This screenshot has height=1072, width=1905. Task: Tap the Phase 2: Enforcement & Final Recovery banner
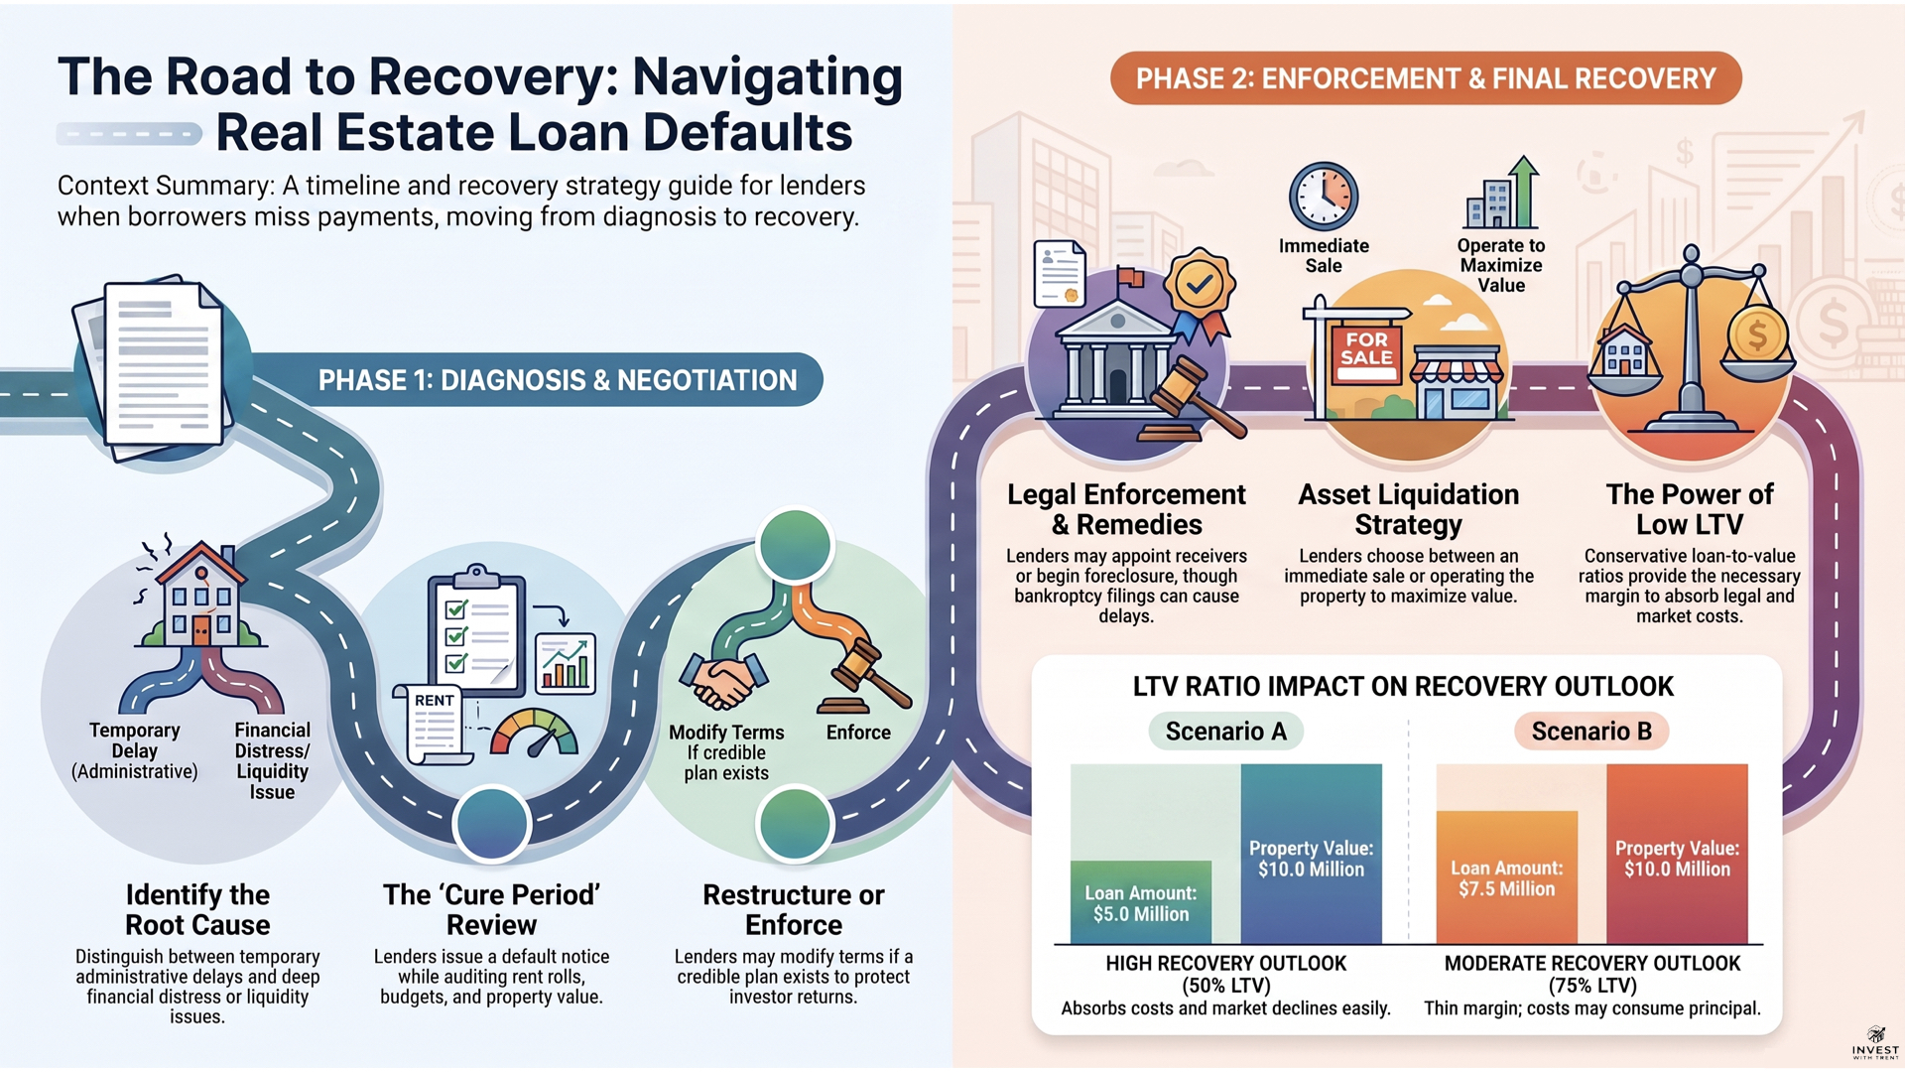coord(1426,78)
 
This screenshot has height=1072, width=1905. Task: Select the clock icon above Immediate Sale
coord(1324,197)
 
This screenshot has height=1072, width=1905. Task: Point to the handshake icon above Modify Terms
coord(723,680)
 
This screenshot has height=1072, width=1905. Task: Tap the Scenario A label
coord(1225,732)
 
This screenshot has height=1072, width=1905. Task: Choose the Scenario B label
coord(1591,732)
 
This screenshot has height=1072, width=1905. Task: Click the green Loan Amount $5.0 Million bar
coord(1141,901)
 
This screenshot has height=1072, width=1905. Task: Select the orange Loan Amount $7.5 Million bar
coord(1506,877)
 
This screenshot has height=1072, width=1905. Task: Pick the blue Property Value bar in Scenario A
coord(1311,854)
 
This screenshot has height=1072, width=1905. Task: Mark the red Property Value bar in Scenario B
coord(1677,854)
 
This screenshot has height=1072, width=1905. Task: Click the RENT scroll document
coord(434,724)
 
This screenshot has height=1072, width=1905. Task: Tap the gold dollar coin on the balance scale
coord(1757,335)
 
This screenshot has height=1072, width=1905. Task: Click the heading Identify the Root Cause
coord(197,909)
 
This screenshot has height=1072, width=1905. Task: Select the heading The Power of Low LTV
coord(1690,509)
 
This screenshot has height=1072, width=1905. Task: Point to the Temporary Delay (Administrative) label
coord(134,751)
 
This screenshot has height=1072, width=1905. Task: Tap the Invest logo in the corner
coord(1875,1043)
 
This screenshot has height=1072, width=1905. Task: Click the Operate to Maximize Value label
coord(1501,265)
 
